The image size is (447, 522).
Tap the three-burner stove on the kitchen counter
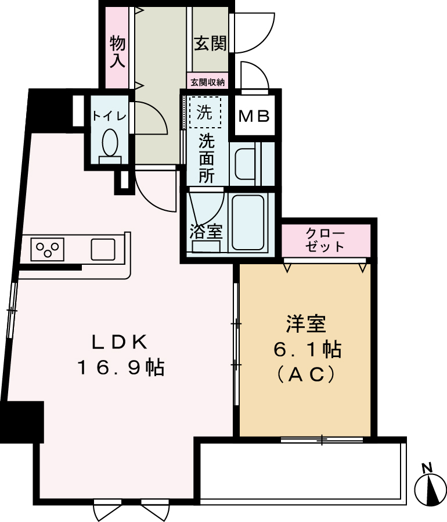coord(48,249)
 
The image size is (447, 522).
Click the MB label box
coord(255,116)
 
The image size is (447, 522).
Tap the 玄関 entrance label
coord(210,44)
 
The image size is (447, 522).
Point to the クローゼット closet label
coord(325,240)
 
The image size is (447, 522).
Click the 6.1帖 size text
coord(307,350)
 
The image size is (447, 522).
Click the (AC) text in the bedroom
coord(306,376)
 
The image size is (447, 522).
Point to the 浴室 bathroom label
coord(206,232)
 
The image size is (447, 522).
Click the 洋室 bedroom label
coord(305,323)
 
